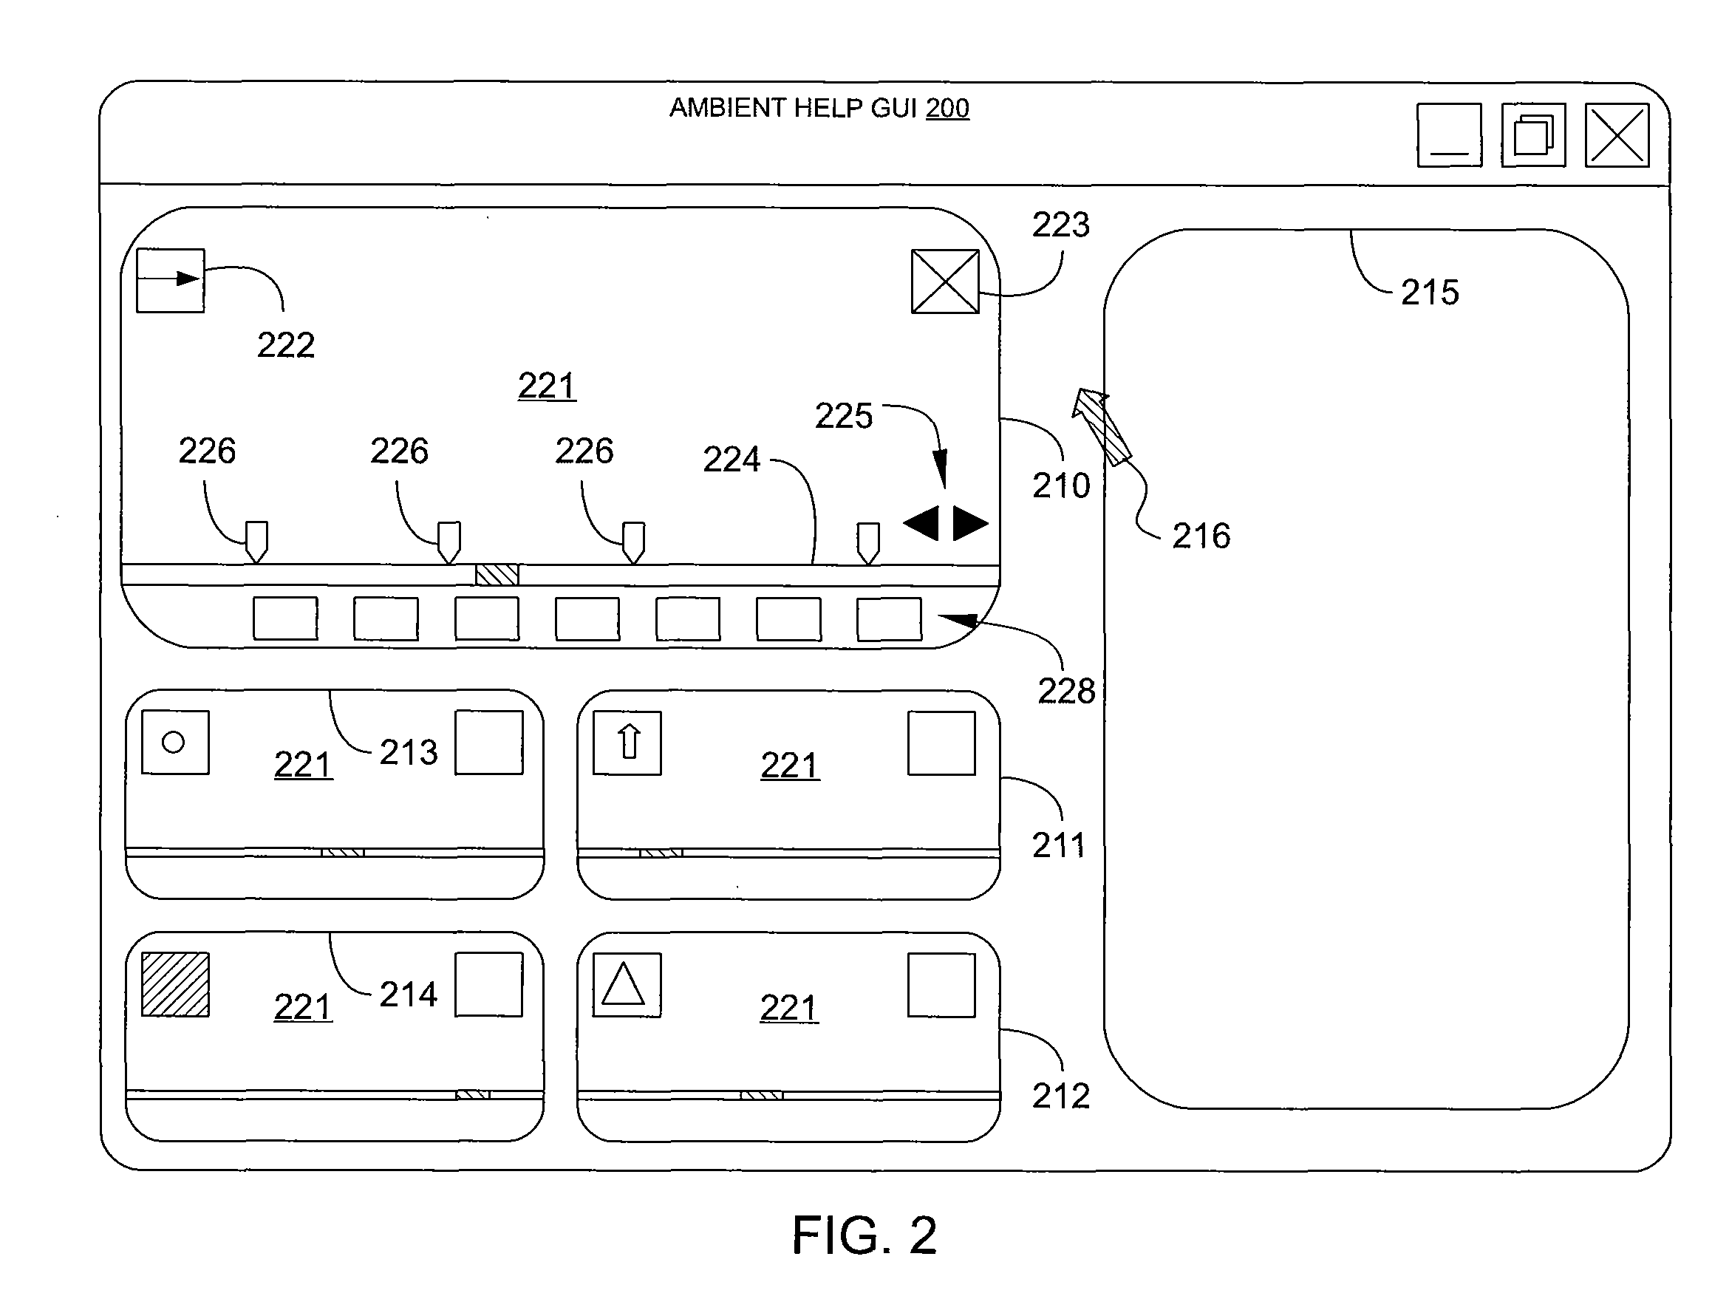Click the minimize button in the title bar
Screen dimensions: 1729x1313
(1449, 135)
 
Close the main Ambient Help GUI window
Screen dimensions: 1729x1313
(1617, 135)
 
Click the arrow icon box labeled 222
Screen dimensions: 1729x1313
(171, 281)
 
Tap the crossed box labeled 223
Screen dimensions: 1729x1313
(945, 282)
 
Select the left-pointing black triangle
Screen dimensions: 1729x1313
(921, 523)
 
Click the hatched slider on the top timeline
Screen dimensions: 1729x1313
(497, 575)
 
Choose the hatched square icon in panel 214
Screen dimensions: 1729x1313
(175, 984)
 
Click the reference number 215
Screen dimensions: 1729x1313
(1430, 293)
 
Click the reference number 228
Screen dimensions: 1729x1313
(1066, 691)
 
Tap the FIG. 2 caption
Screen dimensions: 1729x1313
(864, 1235)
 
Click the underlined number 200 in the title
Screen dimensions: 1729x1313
(947, 108)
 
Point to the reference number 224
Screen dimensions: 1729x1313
(731, 459)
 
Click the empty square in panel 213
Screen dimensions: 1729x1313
(488, 743)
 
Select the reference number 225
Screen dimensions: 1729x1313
(843, 416)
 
